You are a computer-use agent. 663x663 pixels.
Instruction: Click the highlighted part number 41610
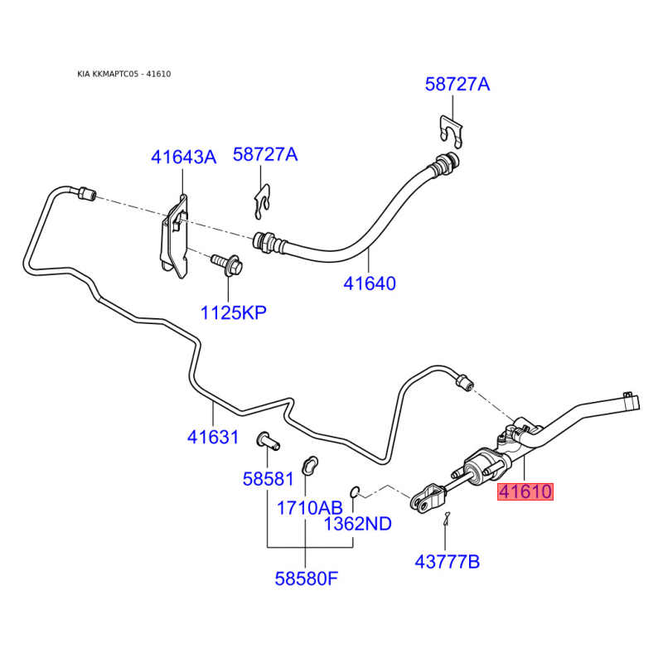[x=525, y=491]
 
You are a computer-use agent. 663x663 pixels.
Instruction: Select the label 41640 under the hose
[x=370, y=283]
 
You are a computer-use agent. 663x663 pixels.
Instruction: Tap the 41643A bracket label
[x=183, y=157]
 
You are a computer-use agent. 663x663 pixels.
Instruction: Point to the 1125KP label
[x=234, y=313]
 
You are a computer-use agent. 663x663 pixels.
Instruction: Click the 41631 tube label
[x=213, y=437]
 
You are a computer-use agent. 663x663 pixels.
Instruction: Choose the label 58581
[x=268, y=479]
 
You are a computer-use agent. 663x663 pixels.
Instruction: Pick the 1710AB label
[x=309, y=508]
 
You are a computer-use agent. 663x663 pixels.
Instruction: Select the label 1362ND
[x=358, y=524]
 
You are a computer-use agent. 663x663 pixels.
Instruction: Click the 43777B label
[x=448, y=562]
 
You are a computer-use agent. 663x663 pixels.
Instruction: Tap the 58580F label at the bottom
[x=307, y=578]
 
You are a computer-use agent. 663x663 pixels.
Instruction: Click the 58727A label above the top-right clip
[x=457, y=85]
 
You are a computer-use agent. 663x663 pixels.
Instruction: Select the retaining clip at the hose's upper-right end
[x=452, y=131]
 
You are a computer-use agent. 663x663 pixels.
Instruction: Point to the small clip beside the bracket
[x=262, y=202]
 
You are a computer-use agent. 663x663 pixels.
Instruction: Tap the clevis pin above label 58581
[x=268, y=440]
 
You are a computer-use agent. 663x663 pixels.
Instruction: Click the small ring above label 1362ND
[x=355, y=491]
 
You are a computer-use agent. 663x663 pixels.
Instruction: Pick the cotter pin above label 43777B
[x=447, y=519]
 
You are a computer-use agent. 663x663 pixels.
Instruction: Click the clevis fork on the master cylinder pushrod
[x=428, y=498]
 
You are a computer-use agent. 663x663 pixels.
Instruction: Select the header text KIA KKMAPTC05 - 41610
[x=123, y=74]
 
